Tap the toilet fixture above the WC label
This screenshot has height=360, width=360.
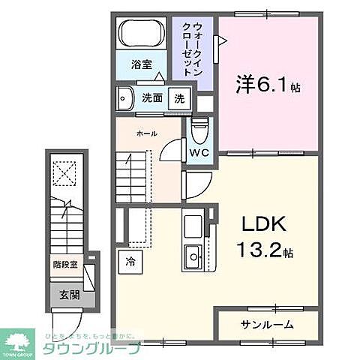coord(198,133)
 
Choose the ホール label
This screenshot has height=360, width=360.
coord(147,133)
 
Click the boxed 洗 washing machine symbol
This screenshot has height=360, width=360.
coord(180,97)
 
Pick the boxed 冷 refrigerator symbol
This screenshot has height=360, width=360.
coord(130,262)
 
